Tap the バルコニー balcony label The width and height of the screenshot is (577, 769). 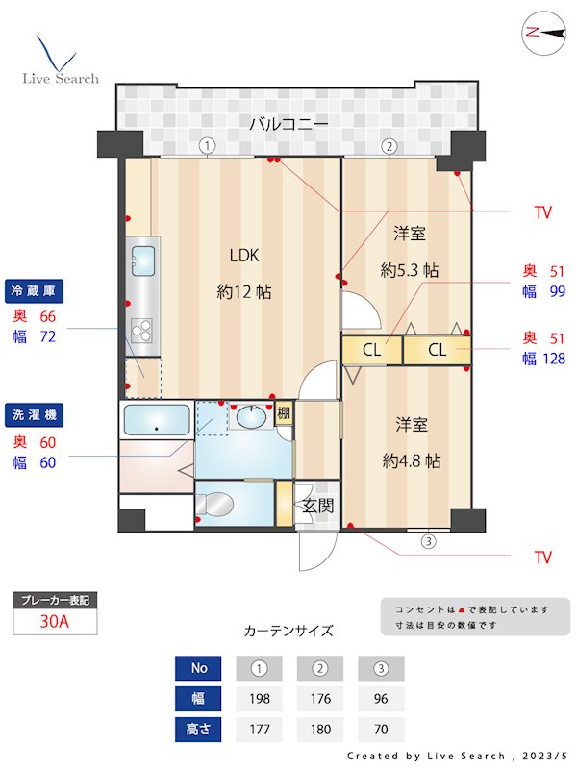288,123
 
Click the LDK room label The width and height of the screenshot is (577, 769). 244,255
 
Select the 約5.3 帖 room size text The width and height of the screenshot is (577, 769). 409,270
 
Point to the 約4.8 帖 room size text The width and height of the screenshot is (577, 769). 411,460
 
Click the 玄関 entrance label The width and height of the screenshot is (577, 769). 317,506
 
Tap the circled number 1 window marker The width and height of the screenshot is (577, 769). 207,146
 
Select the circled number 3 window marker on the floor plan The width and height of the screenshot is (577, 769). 428,540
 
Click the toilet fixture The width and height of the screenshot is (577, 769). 220,504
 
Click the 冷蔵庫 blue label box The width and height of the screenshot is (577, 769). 36,290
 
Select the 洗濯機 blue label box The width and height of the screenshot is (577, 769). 36,415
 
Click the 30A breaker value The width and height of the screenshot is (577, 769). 55,621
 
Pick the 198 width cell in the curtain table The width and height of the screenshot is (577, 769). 258,698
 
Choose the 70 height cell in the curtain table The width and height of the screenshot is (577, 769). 381,729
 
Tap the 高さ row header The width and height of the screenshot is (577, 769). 199,729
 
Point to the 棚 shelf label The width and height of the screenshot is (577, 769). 284,414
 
